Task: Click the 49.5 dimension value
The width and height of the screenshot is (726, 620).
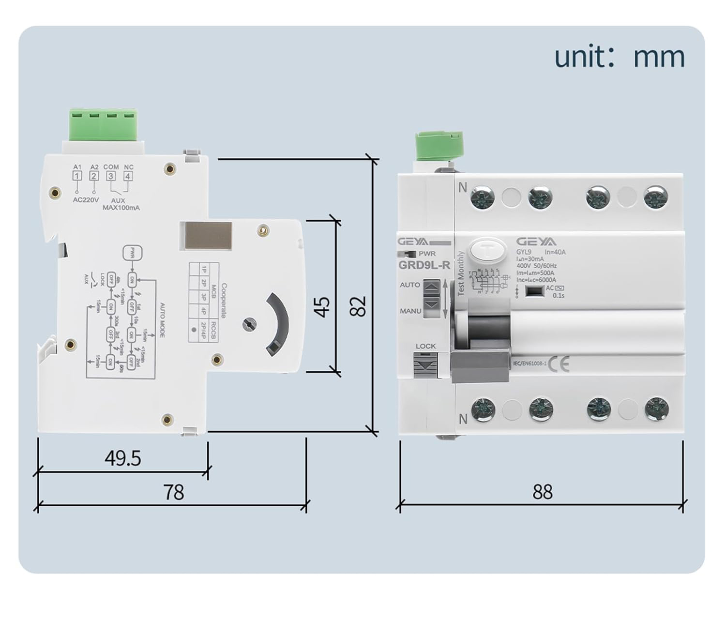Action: click(123, 458)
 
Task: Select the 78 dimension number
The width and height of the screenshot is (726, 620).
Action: click(174, 492)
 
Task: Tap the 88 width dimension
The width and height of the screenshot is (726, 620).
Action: click(542, 492)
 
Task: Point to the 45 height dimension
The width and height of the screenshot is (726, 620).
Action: click(322, 306)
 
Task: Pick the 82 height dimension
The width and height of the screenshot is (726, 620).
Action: click(358, 306)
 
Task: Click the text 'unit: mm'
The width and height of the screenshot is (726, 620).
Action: click(619, 57)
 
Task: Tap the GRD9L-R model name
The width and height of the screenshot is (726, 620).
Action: click(424, 265)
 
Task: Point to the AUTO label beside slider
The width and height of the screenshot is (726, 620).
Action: click(409, 285)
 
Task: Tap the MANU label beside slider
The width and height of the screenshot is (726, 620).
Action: click(410, 311)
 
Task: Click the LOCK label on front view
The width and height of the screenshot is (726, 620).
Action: click(425, 346)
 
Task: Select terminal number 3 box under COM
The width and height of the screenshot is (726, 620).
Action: click(111, 176)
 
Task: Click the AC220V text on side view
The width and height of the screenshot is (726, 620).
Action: click(86, 199)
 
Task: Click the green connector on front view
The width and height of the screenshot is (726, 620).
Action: click(439, 145)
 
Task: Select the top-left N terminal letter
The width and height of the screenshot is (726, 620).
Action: click(462, 187)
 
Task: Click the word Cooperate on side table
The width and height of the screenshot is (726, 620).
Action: click(224, 301)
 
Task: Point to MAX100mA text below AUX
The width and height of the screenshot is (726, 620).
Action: click(121, 208)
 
